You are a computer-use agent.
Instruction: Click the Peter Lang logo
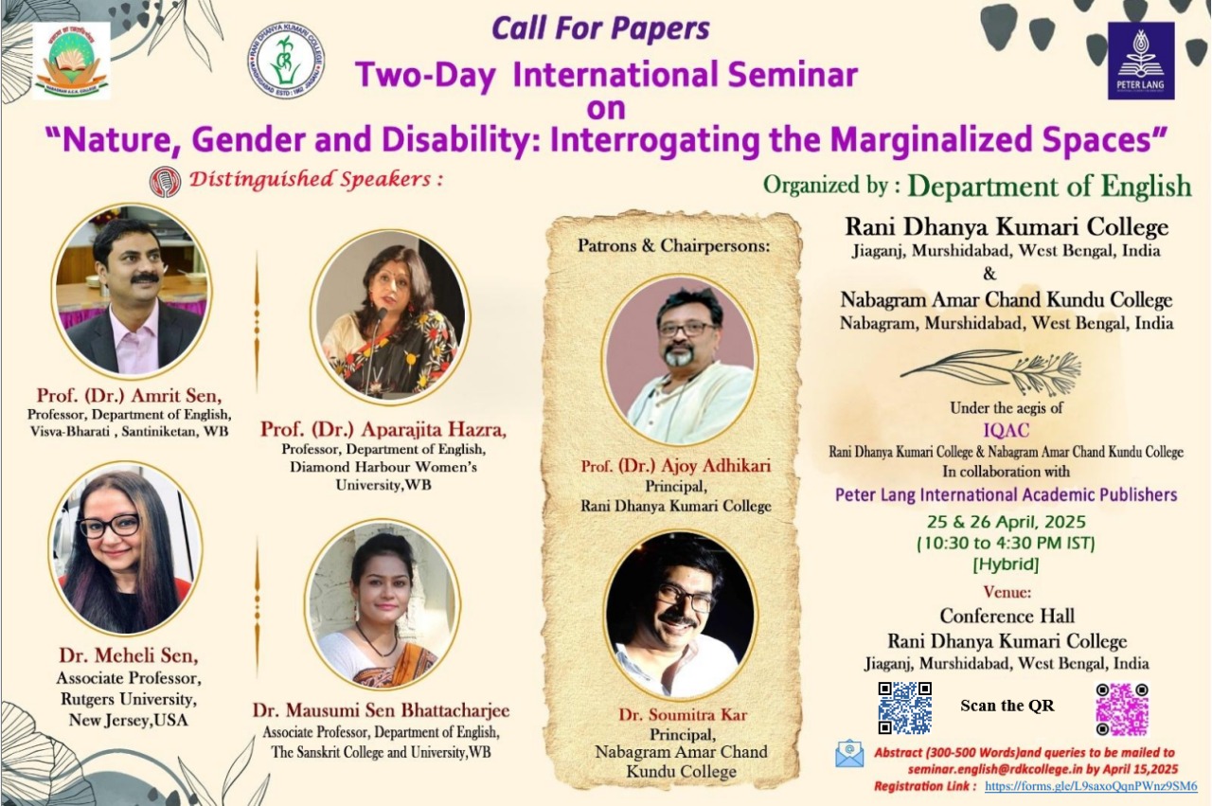(1141, 61)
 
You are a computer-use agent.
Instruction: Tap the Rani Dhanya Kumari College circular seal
(286, 63)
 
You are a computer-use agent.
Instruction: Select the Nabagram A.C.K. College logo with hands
(71, 61)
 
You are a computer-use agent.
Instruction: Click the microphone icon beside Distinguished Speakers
(165, 182)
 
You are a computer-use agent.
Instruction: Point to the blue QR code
(904, 707)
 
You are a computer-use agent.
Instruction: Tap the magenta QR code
(1122, 709)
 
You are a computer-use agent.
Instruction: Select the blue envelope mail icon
(849, 754)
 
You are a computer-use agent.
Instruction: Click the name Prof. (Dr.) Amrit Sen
(130, 396)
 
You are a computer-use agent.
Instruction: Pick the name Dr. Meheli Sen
(129, 655)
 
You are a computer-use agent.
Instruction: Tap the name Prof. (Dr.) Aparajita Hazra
(383, 429)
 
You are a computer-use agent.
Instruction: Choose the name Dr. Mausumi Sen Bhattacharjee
(381, 710)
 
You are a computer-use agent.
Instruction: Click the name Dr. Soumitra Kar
(683, 714)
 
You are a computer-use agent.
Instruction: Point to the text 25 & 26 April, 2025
(1006, 522)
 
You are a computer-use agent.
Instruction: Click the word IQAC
(1006, 430)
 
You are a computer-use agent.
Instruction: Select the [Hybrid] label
(1006, 564)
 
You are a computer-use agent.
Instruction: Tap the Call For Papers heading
(600, 29)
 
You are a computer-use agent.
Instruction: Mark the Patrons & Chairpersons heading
(673, 245)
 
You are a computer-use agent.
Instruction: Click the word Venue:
(1007, 592)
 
